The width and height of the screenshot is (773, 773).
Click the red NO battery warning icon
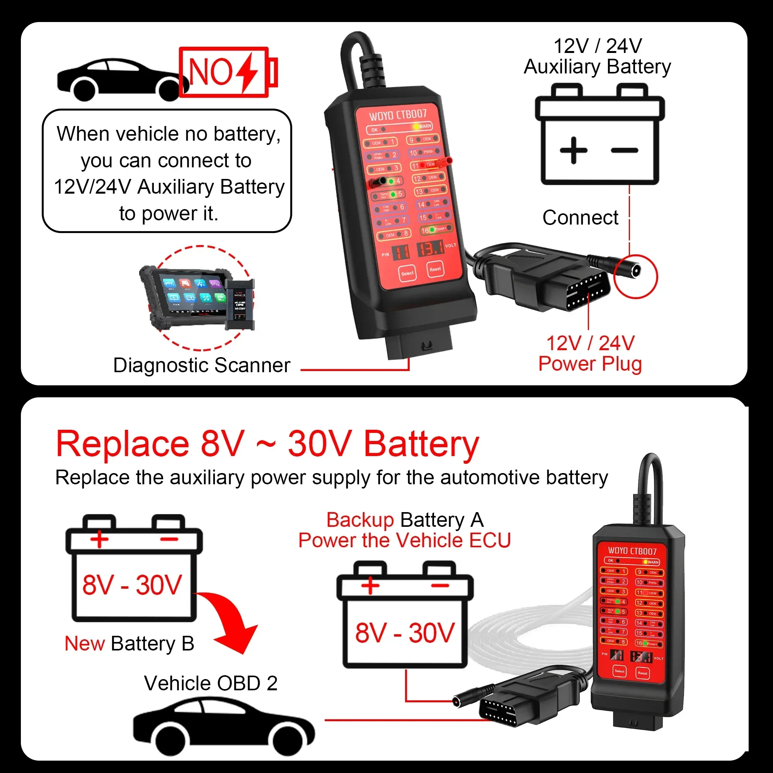[227, 72]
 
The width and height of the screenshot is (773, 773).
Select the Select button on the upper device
[407, 274]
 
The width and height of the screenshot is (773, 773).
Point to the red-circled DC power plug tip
[635, 272]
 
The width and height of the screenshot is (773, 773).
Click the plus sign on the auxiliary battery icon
[573, 150]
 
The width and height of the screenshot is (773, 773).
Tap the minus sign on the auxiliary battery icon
[624, 151]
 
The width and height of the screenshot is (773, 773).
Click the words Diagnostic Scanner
[202, 365]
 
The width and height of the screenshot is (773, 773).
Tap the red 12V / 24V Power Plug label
[590, 354]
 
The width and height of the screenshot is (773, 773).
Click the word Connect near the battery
[580, 218]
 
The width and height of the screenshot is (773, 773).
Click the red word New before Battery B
[85, 644]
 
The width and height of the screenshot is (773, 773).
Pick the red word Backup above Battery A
[360, 520]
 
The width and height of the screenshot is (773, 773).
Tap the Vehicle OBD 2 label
[211, 683]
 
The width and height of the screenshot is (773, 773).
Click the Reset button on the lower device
[642, 673]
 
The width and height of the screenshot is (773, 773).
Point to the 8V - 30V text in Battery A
[405, 633]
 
